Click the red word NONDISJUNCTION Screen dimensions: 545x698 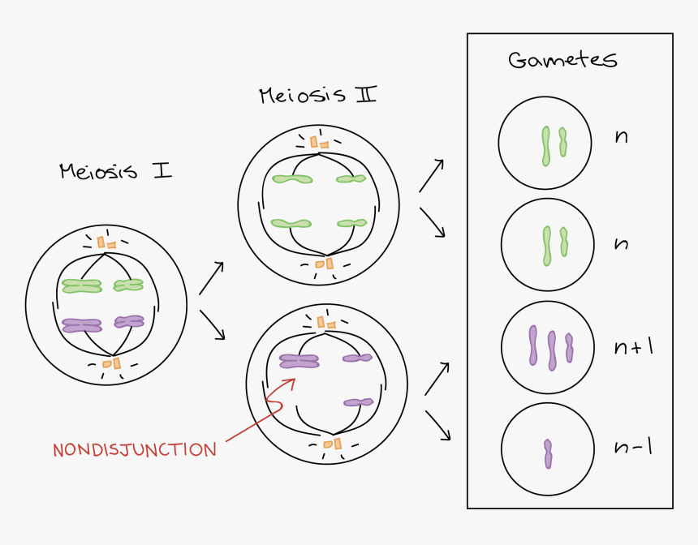point(135,449)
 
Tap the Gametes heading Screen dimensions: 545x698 point(562,60)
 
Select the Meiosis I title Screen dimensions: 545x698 point(115,172)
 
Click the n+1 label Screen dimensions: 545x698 point(634,348)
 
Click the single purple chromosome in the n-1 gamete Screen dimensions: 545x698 point(549,453)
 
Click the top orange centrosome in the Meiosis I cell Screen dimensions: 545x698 point(106,242)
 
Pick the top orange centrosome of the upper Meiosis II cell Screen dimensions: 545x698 point(317,143)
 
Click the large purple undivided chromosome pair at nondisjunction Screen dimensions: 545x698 point(299,361)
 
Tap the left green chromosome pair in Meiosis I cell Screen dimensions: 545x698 point(81,285)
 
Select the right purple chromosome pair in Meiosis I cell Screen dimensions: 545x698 point(129,322)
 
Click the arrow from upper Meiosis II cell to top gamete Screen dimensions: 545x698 point(431,175)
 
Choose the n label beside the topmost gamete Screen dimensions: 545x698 point(622,137)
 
